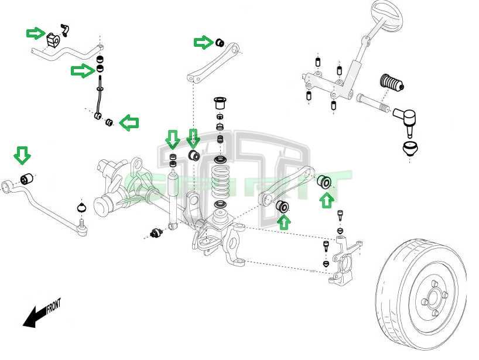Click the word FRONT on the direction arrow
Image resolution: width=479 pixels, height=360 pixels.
pyautogui.click(x=53, y=306)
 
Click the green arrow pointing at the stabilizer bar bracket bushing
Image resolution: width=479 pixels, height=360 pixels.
pyautogui.click(x=35, y=33)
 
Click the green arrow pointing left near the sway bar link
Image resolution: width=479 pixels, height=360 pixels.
pyautogui.click(x=129, y=122)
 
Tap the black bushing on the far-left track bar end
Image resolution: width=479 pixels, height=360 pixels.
pyautogui.click(x=25, y=179)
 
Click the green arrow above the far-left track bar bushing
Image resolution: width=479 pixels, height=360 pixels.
pyautogui.click(x=22, y=155)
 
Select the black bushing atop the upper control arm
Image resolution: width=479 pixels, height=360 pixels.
pyautogui.click(x=220, y=42)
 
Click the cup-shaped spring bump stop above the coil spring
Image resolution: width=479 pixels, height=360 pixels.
pyautogui.click(x=221, y=104)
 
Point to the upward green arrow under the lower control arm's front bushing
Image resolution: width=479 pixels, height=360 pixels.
pyautogui.click(x=284, y=222)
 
